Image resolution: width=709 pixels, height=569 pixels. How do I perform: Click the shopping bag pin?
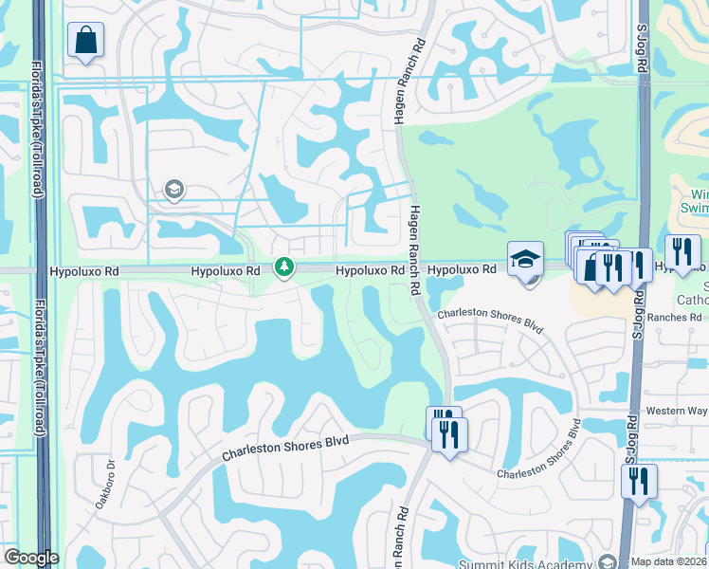click(x=85, y=41)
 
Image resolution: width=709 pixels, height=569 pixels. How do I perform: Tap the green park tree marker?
click(x=283, y=267)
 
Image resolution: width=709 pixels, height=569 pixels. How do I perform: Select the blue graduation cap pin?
click(x=525, y=258)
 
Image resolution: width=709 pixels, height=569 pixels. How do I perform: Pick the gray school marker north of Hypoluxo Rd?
click(x=173, y=191)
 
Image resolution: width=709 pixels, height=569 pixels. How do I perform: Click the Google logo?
click(x=30, y=559)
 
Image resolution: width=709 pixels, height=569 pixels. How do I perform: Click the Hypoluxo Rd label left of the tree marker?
click(x=225, y=271)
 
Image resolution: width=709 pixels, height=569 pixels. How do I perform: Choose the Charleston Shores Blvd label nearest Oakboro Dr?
click(x=285, y=448)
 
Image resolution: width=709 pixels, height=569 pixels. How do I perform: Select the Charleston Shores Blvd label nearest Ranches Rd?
click(x=490, y=321)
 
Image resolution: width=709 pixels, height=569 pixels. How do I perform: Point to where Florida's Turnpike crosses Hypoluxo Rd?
click(x=41, y=271)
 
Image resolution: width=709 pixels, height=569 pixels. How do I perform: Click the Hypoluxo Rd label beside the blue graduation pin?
click(x=461, y=270)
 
